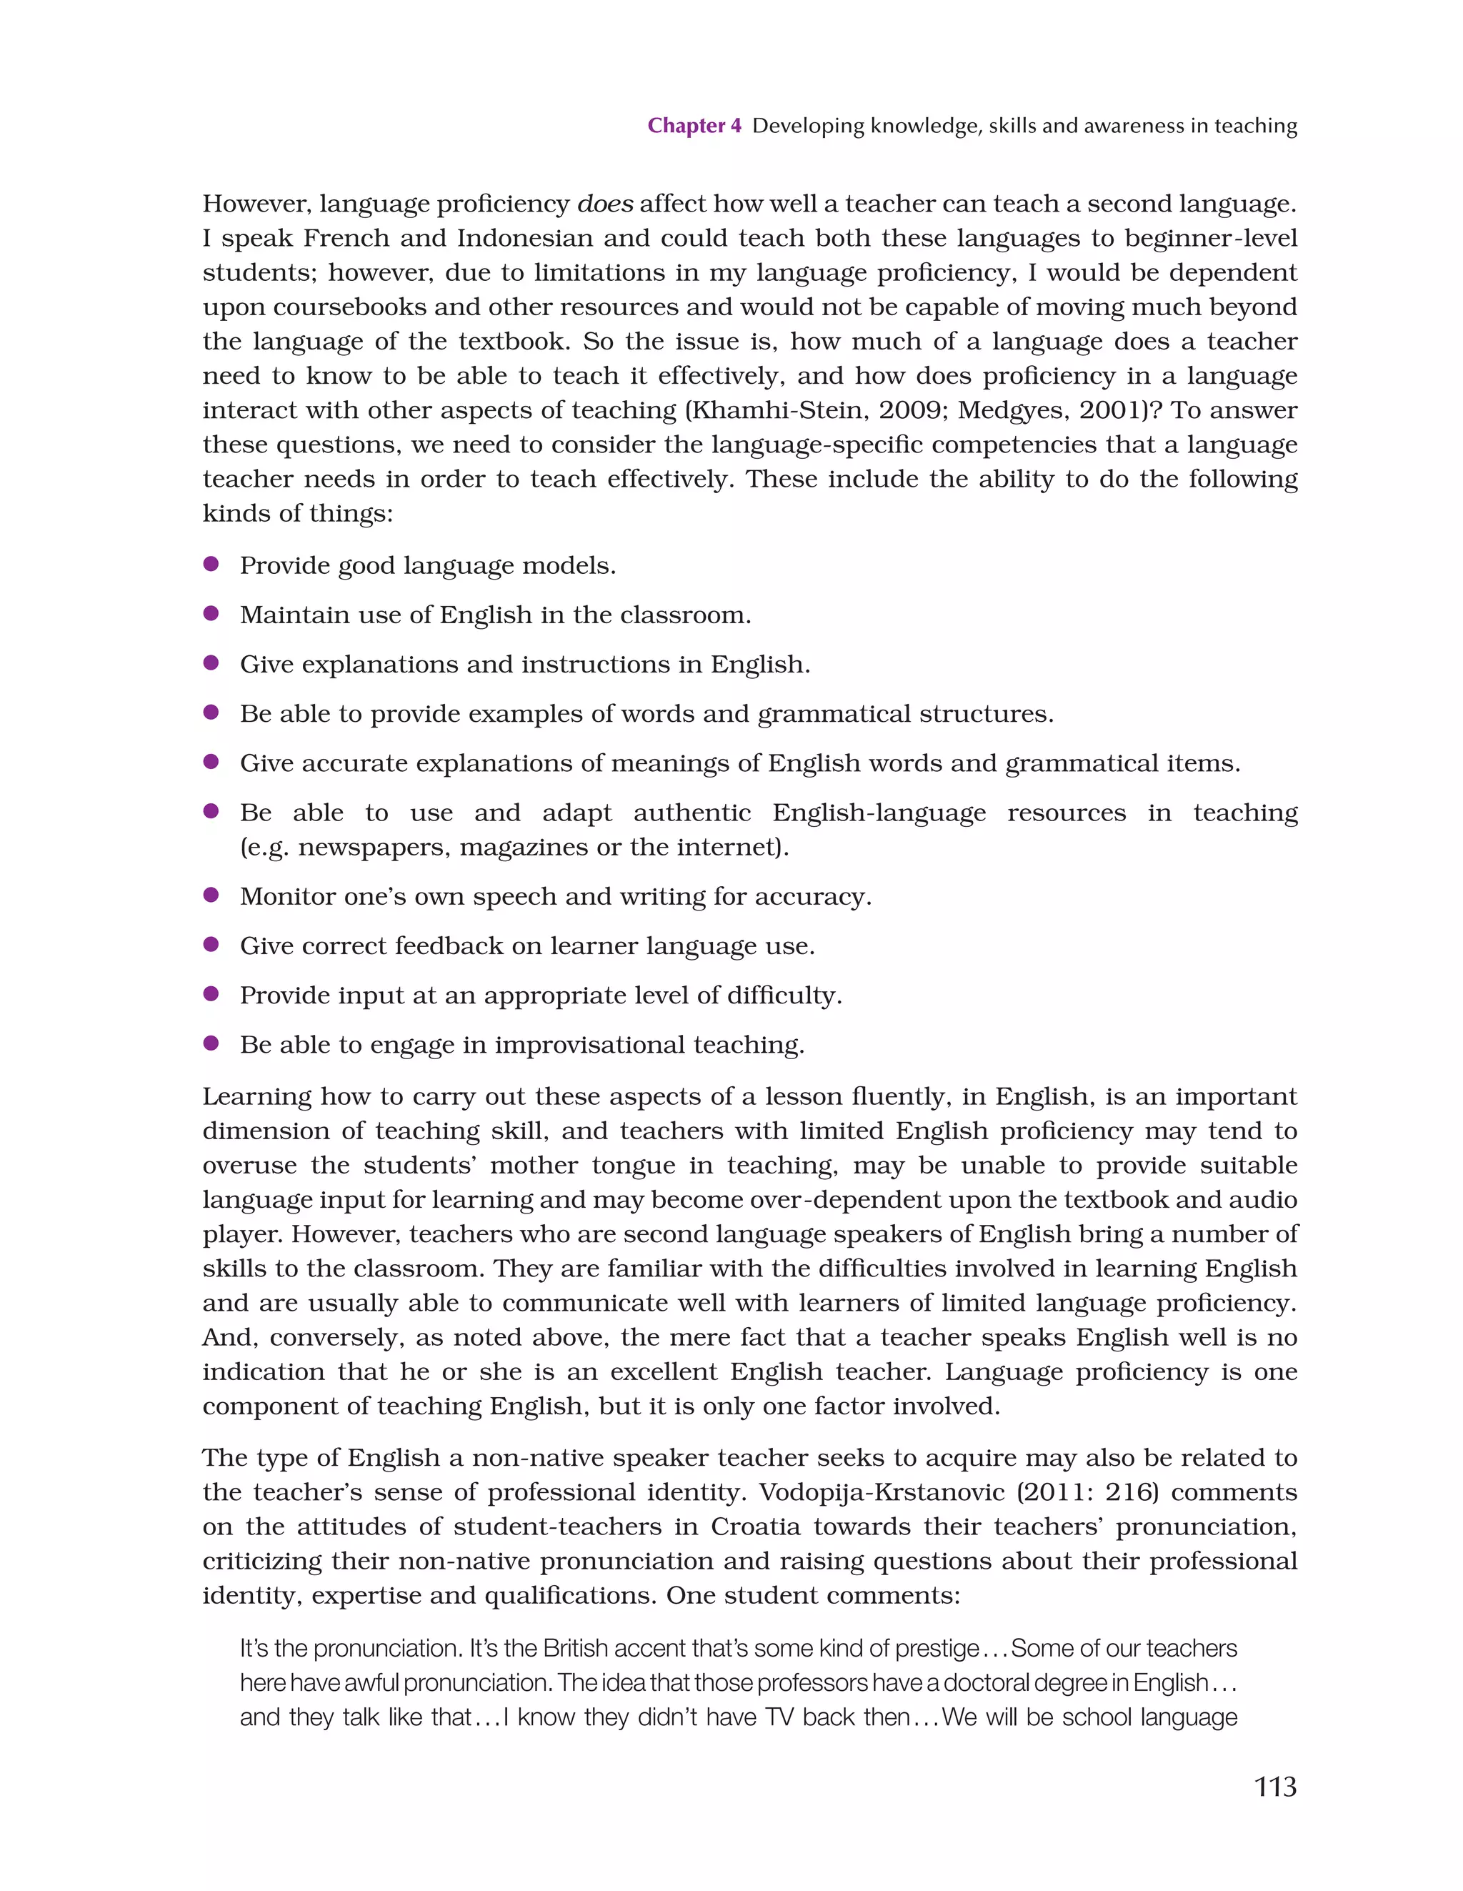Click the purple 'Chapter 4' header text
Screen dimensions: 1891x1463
coord(694,126)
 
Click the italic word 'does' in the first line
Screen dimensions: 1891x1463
coord(604,204)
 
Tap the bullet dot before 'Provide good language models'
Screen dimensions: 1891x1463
coord(210,565)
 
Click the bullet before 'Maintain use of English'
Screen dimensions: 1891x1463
coord(210,614)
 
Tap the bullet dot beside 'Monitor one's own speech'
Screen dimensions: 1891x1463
coord(210,895)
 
